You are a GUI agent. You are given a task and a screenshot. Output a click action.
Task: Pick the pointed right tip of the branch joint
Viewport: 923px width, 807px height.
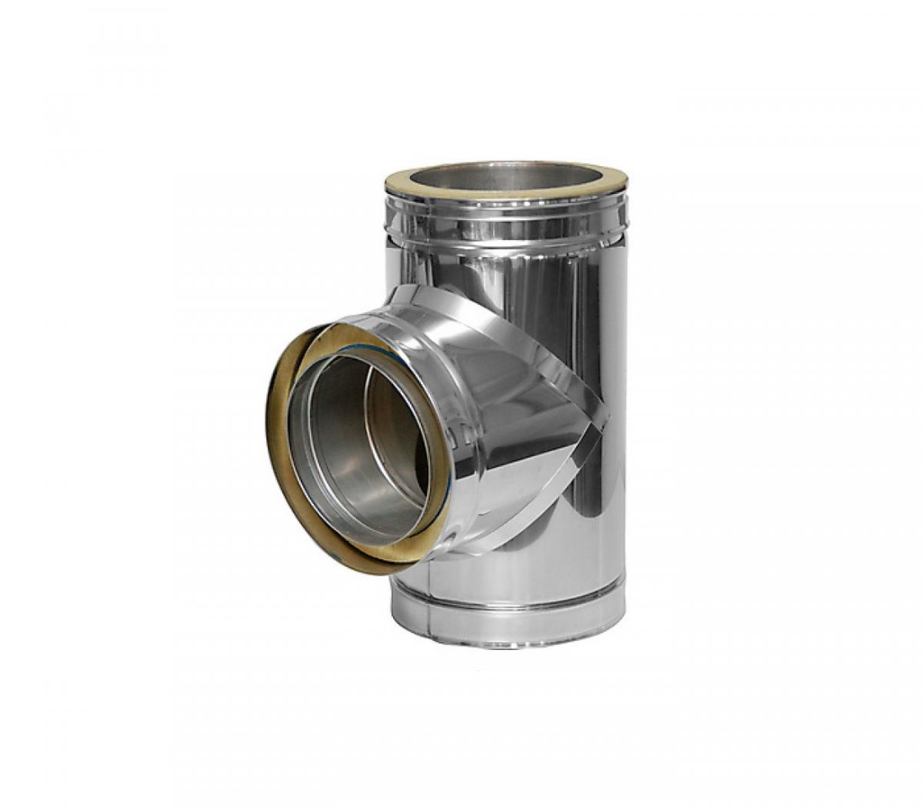[606, 419]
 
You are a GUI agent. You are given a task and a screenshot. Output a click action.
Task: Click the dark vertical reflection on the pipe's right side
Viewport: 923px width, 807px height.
[595, 361]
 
